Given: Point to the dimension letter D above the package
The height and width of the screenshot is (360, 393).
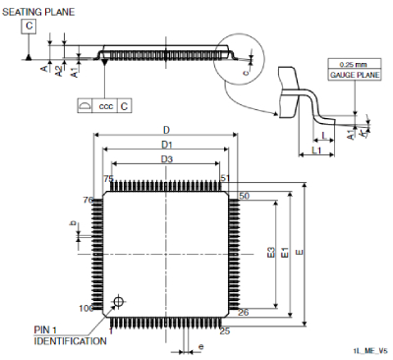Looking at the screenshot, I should (166, 130).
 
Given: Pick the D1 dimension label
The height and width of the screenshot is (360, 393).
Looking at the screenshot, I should (166, 145).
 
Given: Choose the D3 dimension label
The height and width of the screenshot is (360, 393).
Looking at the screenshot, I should (166, 158).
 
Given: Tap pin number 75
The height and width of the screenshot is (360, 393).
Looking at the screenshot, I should (109, 178).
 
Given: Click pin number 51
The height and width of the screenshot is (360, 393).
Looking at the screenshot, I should (225, 178).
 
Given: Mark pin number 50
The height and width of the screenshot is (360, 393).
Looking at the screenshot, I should (244, 197).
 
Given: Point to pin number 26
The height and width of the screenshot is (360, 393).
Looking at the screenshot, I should (244, 313).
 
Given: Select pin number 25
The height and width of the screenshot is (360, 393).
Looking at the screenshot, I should (225, 331).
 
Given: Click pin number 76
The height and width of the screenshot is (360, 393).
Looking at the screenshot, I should (87, 200).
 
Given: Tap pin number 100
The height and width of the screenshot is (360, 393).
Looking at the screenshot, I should (85, 309).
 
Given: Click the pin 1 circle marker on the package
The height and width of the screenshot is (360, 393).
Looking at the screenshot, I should (119, 301).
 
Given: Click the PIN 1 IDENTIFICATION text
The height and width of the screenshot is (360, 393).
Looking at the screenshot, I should (71, 335).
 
